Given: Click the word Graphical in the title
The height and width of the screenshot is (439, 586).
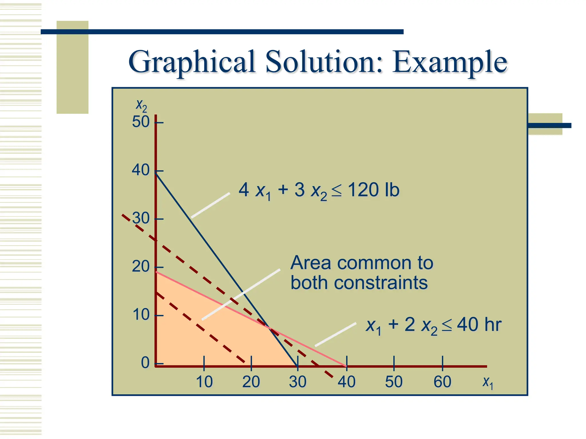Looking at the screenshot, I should click(192, 62).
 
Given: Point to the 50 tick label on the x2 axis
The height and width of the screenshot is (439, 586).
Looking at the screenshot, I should click(140, 122).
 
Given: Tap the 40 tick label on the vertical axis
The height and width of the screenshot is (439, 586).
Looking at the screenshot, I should click(140, 170).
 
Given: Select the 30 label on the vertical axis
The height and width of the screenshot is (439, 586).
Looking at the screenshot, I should click(141, 219).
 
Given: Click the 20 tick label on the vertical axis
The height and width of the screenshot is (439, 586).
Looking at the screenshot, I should click(140, 267).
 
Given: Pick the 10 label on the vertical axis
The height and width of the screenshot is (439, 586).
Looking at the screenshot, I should click(141, 315).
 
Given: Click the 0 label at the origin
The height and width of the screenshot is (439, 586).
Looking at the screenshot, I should click(145, 363).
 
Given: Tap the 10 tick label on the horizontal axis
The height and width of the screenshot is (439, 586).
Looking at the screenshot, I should click(204, 382).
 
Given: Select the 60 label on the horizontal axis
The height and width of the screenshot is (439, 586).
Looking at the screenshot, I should click(442, 382).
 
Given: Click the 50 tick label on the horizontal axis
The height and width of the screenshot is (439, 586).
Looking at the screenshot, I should click(394, 382).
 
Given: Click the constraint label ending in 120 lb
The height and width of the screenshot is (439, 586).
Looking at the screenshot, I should click(319, 191).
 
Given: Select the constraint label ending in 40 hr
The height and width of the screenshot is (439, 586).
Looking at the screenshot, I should click(433, 326).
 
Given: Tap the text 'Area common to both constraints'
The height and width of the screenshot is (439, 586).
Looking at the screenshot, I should click(361, 273).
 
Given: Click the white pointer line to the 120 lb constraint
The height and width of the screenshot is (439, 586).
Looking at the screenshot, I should click(210, 205).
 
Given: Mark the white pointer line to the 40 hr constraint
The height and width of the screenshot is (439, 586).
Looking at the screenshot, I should click(336, 334).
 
